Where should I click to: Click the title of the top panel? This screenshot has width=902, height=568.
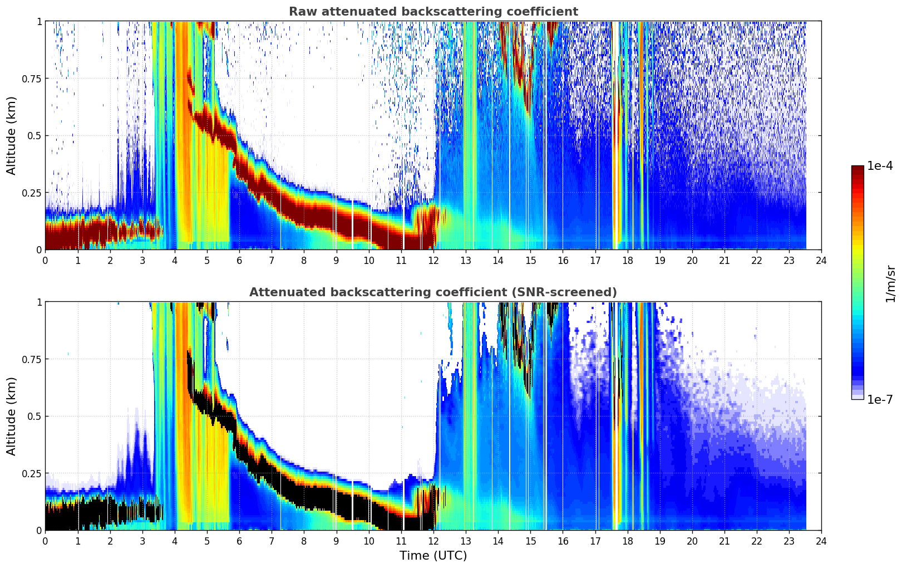click(x=433, y=12)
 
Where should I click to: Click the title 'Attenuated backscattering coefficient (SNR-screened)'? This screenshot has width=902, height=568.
click(x=433, y=292)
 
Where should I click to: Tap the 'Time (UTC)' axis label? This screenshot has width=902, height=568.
click(x=433, y=556)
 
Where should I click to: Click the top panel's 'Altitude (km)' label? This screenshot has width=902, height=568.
click(x=12, y=135)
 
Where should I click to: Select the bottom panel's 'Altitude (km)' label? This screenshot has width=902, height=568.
click(x=12, y=416)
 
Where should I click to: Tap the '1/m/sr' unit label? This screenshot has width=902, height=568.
click(x=890, y=283)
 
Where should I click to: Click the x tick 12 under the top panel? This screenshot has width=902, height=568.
click(x=433, y=261)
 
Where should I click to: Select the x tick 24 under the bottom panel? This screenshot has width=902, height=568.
click(x=821, y=541)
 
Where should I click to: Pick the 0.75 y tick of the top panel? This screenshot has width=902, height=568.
click(x=31, y=79)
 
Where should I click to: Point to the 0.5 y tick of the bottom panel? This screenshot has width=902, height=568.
click(x=34, y=417)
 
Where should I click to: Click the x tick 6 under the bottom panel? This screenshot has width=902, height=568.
click(x=239, y=541)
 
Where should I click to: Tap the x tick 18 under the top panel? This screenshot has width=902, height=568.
click(x=627, y=261)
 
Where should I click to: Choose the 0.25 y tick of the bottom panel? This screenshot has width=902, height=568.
click(x=31, y=473)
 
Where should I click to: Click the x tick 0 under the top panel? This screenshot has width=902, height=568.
click(x=45, y=261)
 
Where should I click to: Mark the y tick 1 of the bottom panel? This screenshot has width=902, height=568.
click(x=39, y=302)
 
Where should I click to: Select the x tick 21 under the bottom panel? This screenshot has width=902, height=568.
click(x=724, y=541)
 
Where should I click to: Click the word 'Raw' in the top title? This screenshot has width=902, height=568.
click(x=301, y=12)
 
